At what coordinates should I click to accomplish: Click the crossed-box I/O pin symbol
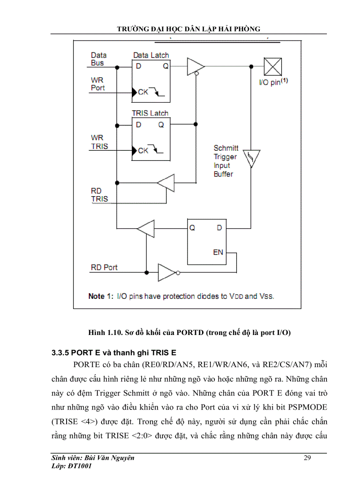[x=273, y=67]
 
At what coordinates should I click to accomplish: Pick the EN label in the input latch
[x=218, y=253]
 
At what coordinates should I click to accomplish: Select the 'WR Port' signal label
[x=97, y=84]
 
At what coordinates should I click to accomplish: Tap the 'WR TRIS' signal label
[x=99, y=142]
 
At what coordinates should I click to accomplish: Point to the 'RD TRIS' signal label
[x=99, y=194]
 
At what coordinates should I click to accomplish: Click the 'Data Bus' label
[x=98, y=59]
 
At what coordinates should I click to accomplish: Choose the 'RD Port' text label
[x=104, y=268]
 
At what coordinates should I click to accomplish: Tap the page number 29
[x=307, y=458]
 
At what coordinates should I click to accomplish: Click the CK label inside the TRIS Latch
[x=143, y=150]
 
